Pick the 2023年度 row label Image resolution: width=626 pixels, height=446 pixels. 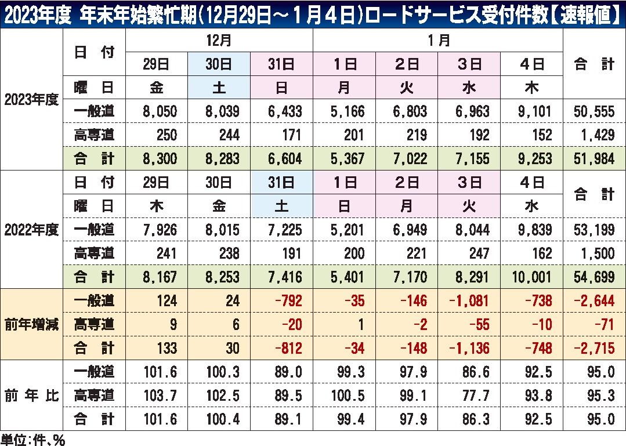coord(31,99)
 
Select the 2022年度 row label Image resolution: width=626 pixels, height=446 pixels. coord(31,229)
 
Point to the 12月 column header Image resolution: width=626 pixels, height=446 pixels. coord(219,41)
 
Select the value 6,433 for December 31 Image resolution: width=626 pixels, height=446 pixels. coord(283,111)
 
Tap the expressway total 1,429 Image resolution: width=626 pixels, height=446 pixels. coord(597,135)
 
